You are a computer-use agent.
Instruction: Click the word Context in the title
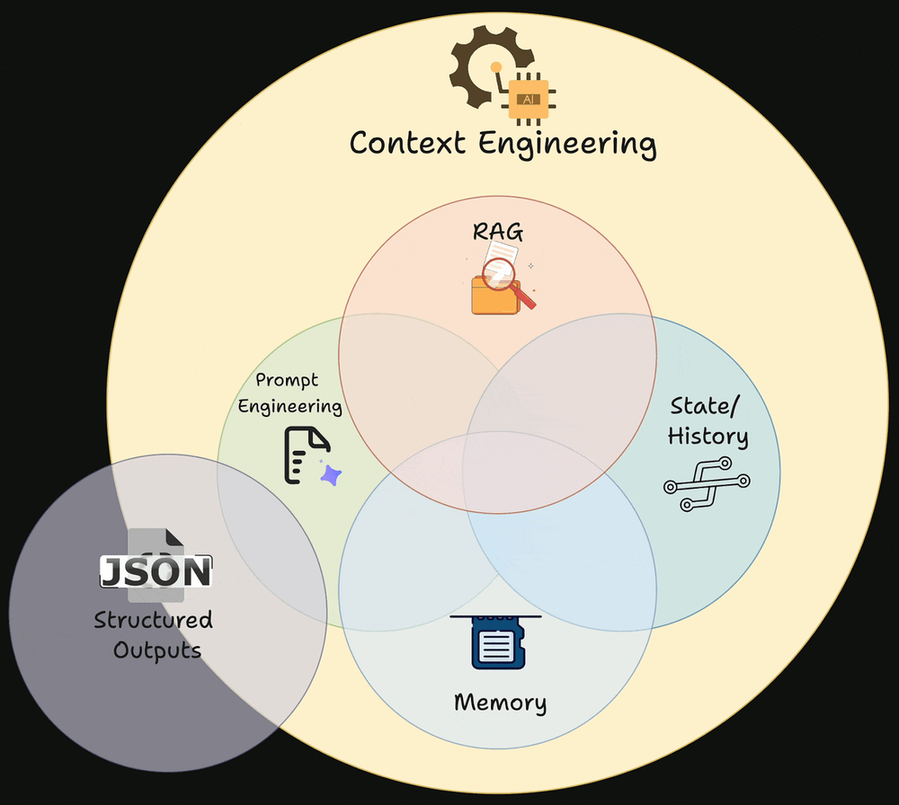406,144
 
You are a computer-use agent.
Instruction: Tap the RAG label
497,232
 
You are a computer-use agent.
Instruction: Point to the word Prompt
287,381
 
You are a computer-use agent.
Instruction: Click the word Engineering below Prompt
289,406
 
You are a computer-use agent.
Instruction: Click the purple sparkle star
331,475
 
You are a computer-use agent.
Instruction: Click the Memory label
500,702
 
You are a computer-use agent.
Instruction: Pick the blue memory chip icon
497,643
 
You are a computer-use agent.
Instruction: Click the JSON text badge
156,572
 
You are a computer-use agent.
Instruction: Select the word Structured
154,620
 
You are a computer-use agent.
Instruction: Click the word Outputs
157,650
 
